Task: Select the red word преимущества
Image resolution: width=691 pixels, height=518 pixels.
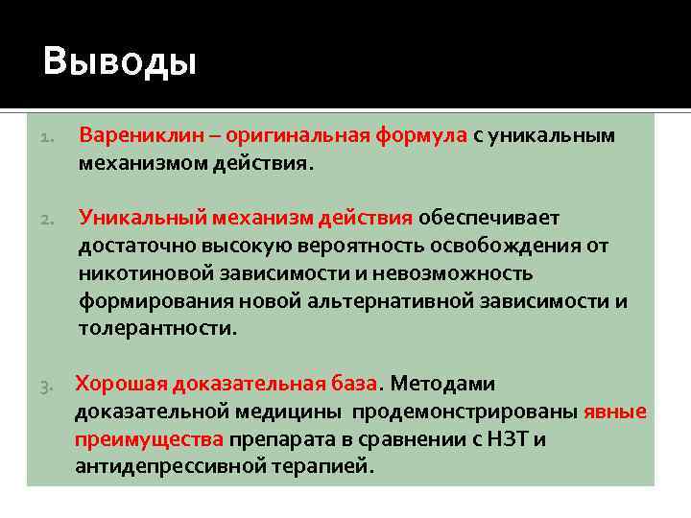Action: [150, 440]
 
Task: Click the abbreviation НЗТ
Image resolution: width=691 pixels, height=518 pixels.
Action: [509, 440]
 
